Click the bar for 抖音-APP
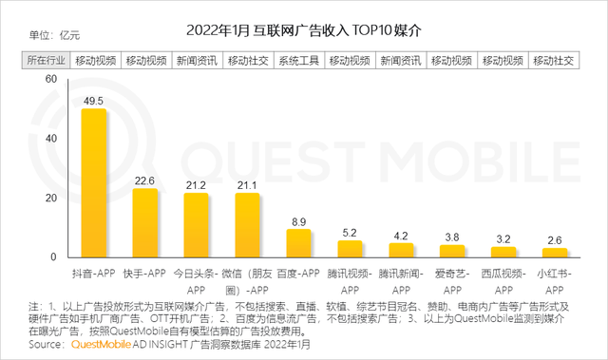[x=92, y=182]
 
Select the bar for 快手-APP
[x=144, y=222]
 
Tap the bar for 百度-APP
[x=298, y=243]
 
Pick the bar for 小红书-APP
[x=555, y=253]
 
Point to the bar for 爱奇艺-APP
[x=452, y=251]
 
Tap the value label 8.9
[x=298, y=219]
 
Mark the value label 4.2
[x=401, y=234]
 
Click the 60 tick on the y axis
[x=50, y=80]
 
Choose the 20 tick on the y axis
[x=50, y=198]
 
